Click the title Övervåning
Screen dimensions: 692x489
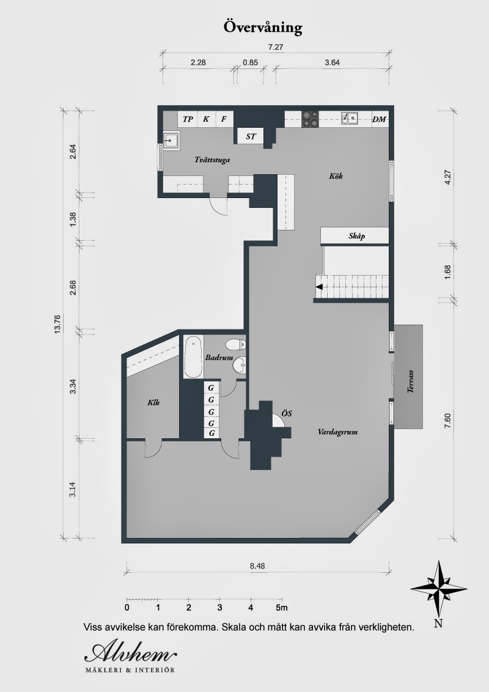[x=263, y=28]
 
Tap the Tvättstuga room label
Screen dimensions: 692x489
[x=211, y=160]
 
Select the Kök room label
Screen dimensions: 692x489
[x=336, y=177]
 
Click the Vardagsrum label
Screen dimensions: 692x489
[x=337, y=432]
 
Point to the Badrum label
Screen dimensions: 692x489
[x=219, y=358]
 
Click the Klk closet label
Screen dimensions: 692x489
[x=153, y=402]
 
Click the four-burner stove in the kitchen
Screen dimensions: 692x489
[x=311, y=118]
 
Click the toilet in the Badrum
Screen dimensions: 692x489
[x=236, y=344]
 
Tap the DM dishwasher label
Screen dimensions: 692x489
[x=379, y=119]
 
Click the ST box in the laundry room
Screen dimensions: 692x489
[x=251, y=136]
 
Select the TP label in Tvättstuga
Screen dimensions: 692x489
[x=188, y=119]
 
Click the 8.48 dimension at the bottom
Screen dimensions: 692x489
[x=257, y=565]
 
